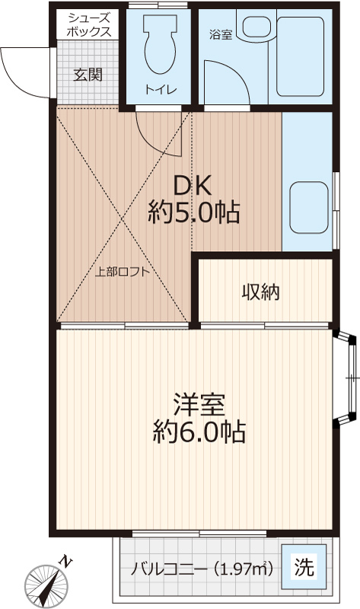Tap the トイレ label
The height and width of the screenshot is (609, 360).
pos(161,90)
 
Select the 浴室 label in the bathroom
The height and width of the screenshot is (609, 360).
pos(221,34)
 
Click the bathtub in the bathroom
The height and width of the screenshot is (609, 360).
pos(300,56)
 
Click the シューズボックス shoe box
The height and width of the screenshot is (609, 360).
pos(88,24)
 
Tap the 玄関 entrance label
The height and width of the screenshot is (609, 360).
pos(88,75)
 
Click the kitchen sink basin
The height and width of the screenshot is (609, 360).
pos(309,207)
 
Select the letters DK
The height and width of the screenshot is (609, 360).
pos(193,186)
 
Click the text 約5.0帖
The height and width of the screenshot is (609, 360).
pos(193,212)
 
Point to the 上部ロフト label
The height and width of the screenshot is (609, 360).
pos(123,272)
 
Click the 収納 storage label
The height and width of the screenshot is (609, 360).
pos(260,292)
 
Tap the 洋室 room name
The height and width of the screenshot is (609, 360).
pos(199,404)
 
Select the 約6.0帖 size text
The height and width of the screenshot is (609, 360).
pos(199,432)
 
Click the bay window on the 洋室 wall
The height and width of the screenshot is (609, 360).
pos(346,378)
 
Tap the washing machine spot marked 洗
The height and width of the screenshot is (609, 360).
pos(304,567)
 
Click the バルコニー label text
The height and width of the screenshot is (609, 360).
pos(169,569)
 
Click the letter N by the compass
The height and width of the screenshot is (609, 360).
pos(66,561)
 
